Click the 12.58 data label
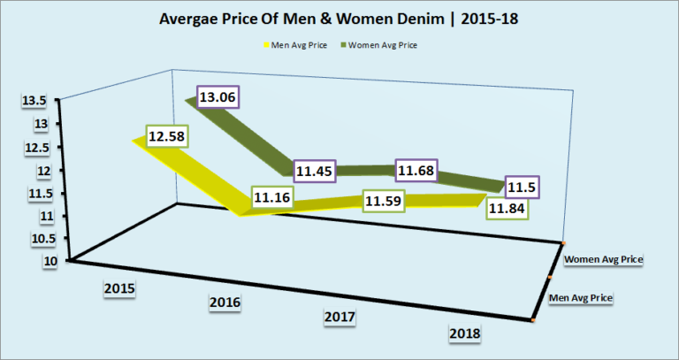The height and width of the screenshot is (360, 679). click(172, 137)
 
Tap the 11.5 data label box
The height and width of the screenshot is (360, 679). click(523, 188)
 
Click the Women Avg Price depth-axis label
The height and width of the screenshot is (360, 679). click(601, 259)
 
